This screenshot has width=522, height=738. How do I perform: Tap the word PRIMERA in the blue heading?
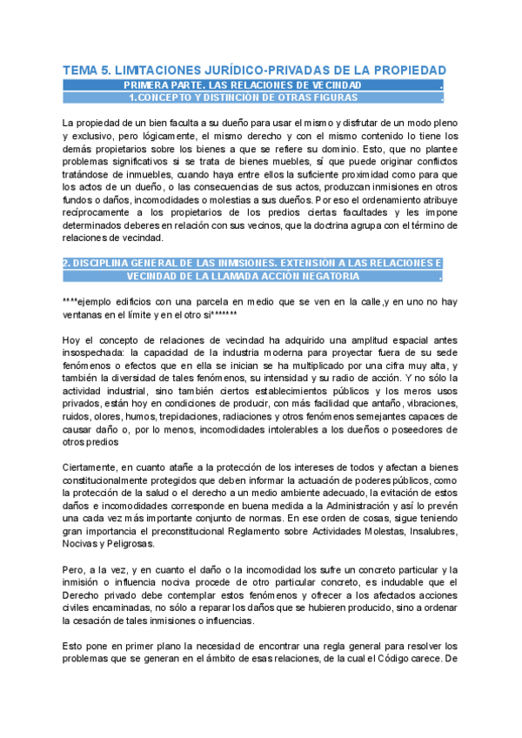pos(149,85)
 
